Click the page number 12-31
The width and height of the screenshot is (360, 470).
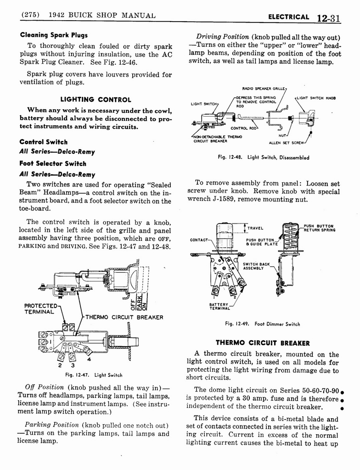[327, 17]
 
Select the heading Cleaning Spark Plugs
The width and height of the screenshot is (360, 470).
[53, 35]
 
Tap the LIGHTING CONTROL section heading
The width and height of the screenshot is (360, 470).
[96, 99]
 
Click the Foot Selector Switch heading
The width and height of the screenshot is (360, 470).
[53, 163]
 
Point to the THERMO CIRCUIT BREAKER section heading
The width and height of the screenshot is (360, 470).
[263, 343]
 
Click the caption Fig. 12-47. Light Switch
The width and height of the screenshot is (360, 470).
[94, 375]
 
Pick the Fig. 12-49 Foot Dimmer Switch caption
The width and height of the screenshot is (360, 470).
[262, 324]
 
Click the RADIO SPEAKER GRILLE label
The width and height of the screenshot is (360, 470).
[264, 89]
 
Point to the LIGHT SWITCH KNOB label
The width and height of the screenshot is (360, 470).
[316, 98]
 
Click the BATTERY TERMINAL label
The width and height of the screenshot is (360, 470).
[219, 307]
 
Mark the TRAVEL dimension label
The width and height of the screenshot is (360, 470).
[255, 228]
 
